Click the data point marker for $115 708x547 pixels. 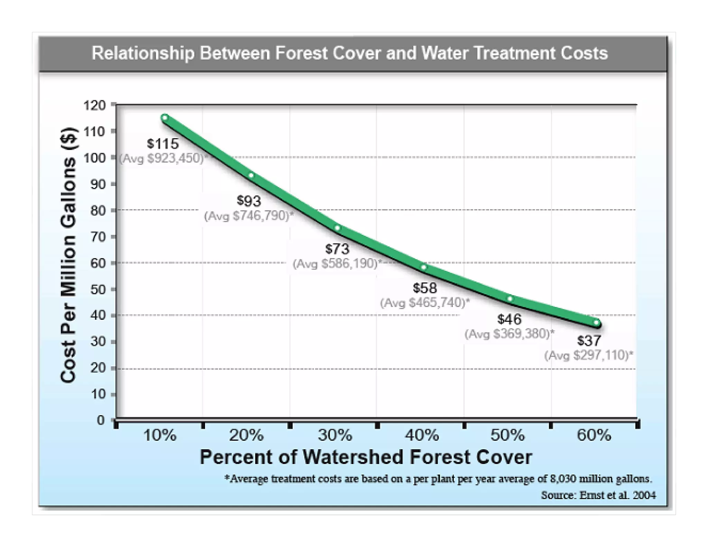165,118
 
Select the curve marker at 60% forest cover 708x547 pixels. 596,323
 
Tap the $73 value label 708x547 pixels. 337,249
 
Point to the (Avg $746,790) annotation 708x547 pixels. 249,216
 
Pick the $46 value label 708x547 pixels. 509,319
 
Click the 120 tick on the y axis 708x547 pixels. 94,105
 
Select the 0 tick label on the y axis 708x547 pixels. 100,420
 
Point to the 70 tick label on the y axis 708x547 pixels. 98,237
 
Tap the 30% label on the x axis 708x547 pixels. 335,435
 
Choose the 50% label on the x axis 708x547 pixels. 507,435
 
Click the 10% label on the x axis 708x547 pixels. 160,435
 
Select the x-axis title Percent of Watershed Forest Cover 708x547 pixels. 366,457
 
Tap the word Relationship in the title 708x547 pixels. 143,54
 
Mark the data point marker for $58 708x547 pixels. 423,267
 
